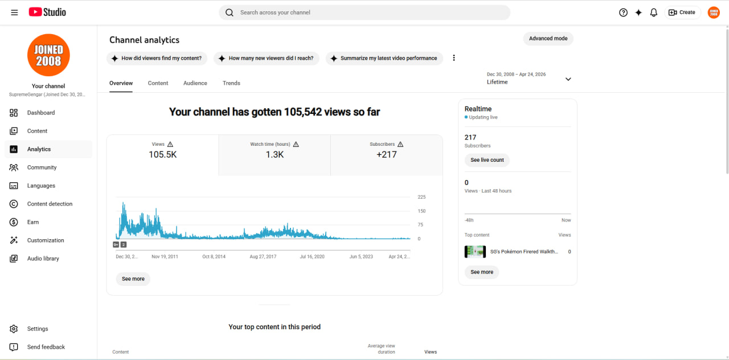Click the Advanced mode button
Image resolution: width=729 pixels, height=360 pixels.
(x=548, y=38)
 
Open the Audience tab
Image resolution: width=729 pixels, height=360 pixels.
(x=195, y=83)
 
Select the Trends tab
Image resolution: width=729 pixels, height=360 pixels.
(x=231, y=83)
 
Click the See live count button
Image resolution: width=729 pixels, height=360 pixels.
(x=487, y=160)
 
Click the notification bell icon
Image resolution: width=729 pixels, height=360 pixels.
(x=653, y=13)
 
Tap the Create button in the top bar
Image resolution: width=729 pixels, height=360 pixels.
(x=682, y=13)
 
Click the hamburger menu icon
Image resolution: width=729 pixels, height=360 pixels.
(x=14, y=13)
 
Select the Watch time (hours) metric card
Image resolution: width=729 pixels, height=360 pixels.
(x=275, y=156)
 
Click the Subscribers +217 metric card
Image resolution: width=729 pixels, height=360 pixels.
(x=387, y=156)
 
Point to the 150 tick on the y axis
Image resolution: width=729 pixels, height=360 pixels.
(x=421, y=211)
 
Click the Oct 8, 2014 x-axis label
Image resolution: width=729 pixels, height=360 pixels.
(x=214, y=256)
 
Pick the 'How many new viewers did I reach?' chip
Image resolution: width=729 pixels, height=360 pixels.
(x=266, y=58)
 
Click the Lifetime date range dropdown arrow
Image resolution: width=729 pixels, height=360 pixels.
(x=568, y=79)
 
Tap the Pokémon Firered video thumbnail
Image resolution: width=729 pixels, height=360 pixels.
(x=475, y=252)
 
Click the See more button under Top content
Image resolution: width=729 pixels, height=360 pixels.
(x=482, y=272)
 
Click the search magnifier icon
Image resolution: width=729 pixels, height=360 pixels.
(x=230, y=13)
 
